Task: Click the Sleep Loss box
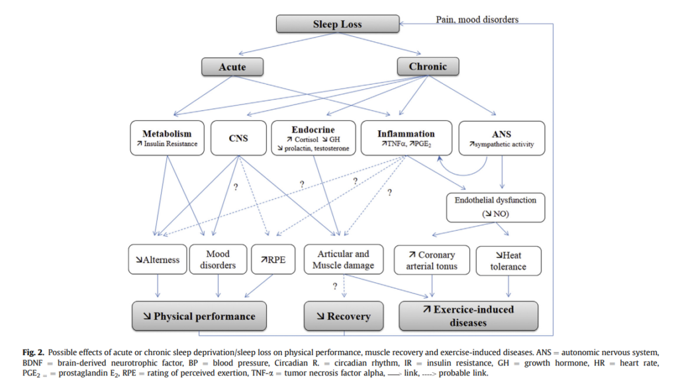[x=337, y=24]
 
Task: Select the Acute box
[x=232, y=67]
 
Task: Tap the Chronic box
[x=428, y=66]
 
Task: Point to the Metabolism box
[x=166, y=138]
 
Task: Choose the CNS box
[x=238, y=138]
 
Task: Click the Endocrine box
[x=313, y=138]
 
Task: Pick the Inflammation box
[x=407, y=138]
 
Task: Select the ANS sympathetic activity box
[x=501, y=138]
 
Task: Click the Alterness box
[x=157, y=260]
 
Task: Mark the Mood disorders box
[x=218, y=260]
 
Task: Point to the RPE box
[x=272, y=260]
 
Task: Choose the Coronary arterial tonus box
[x=432, y=260]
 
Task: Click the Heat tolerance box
[x=508, y=260]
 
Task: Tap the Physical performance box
[x=199, y=316]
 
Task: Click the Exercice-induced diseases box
[x=468, y=316]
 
